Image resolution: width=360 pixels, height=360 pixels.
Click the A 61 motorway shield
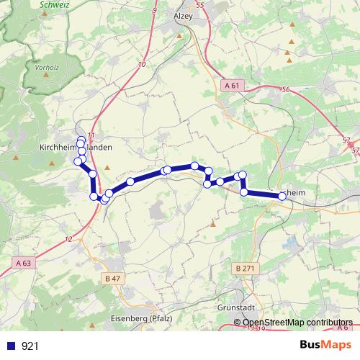pos(231,86)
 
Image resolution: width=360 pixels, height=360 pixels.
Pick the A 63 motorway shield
pos(22,263)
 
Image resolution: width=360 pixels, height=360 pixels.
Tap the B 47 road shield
pos(112,278)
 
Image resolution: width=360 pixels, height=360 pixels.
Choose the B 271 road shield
pos(244,269)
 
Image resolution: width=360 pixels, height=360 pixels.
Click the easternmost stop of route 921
pos(282,195)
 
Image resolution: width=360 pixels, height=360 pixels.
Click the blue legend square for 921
pos(11,346)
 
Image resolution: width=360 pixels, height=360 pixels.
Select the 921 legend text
pos(30,346)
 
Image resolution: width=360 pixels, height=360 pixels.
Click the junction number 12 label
pos(68,238)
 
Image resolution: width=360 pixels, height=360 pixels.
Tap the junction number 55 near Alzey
pos(199,5)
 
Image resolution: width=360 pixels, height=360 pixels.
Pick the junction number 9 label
pos(155,11)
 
